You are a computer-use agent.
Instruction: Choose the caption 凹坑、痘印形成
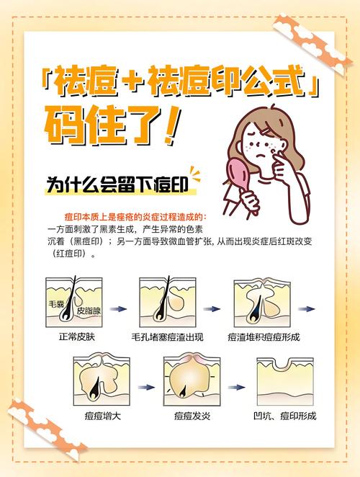[286, 416]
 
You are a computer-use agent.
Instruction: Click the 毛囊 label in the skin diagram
[57, 304]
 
